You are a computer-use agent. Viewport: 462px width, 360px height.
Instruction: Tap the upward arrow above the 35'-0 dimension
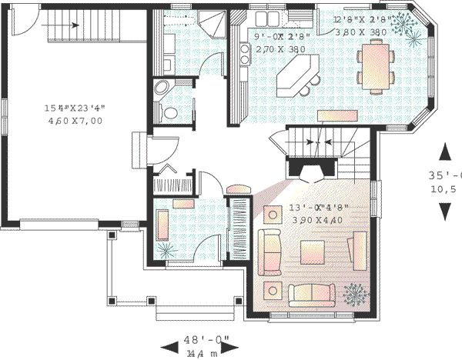(444, 152)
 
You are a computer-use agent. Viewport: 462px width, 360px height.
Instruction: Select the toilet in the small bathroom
(171, 113)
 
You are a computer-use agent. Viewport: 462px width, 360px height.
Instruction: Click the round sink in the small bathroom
(162, 88)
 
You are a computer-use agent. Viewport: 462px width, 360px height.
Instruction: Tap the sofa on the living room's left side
(270, 251)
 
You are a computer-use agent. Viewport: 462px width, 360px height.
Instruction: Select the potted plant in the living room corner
(355, 292)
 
